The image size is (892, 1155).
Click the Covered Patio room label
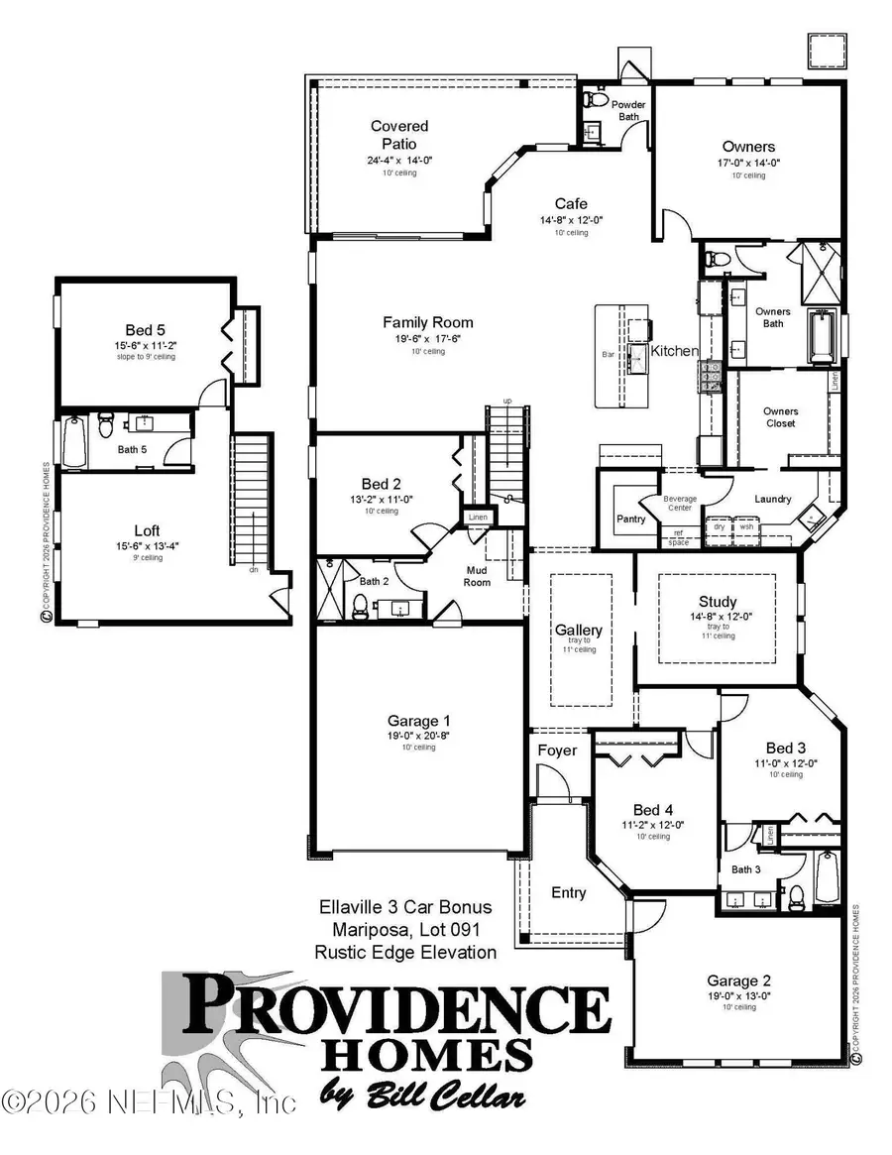399,135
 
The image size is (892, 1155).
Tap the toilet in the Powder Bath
595,100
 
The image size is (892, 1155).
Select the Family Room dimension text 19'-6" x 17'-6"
428,338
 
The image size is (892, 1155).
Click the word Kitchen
674,351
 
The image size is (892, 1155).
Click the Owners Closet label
780,417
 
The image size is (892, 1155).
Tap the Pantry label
630,519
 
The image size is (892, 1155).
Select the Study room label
717,601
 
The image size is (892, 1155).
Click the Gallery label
578,631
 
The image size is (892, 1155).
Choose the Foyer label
557,751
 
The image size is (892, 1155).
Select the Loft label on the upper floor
147,530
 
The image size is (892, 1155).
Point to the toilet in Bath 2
362,604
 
